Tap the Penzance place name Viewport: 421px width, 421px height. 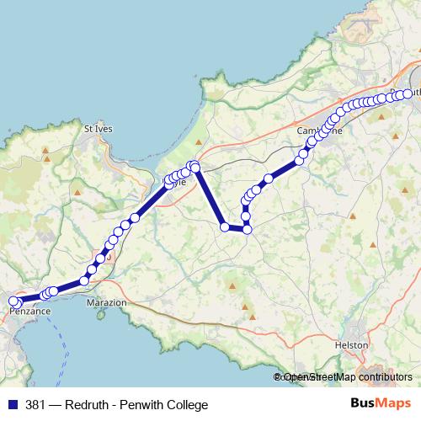(x=30, y=311)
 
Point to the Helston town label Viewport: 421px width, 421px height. (x=352, y=345)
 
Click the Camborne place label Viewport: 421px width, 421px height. (x=317, y=131)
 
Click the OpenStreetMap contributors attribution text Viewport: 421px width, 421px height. (x=346, y=378)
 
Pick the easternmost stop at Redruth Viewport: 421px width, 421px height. (x=408, y=94)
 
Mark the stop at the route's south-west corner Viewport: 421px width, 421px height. (x=225, y=226)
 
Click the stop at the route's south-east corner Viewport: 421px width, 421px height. (x=247, y=228)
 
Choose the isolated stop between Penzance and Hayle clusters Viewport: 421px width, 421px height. (x=84, y=281)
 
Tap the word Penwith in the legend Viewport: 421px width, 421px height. (x=140, y=405)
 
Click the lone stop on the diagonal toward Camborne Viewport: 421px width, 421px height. (x=269, y=179)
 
